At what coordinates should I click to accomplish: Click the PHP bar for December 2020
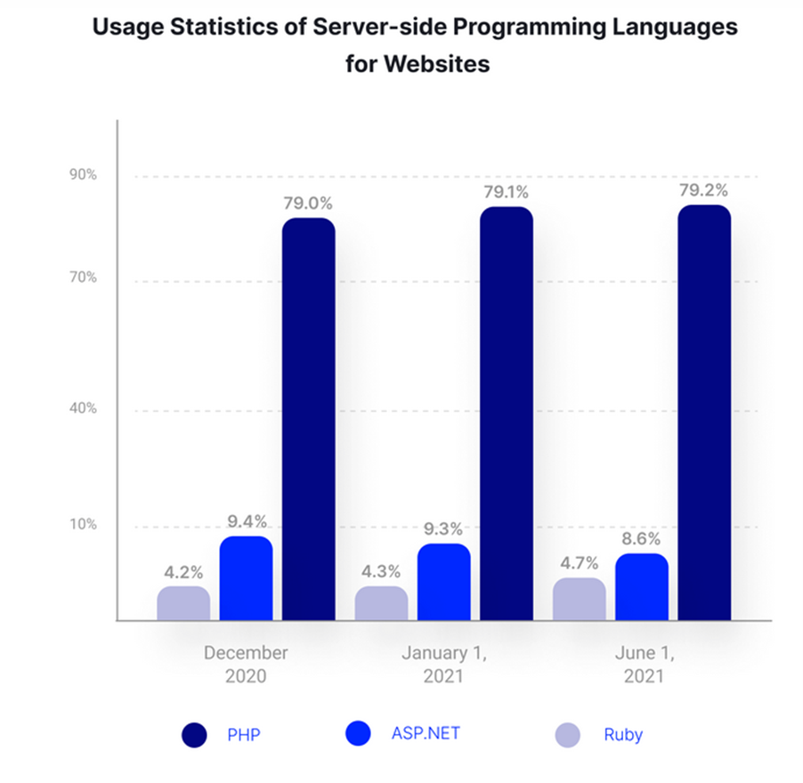(x=308, y=418)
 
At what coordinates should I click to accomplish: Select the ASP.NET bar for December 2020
(x=246, y=578)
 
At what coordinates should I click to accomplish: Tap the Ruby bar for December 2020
(x=183, y=603)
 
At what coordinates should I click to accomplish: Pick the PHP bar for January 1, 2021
(x=506, y=414)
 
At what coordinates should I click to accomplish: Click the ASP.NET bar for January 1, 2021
(x=443, y=582)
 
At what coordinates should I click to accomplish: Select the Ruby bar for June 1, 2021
(x=579, y=599)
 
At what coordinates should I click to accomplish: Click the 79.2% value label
(x=703, y=190)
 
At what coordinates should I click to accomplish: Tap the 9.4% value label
(x=246, y=521)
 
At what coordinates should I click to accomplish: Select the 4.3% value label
(x=381, y=571)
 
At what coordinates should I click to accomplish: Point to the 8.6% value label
(x=641, y=539)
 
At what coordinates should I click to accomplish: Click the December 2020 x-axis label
(x=246, y=664)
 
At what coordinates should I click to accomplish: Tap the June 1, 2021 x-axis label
(x=642, y=664)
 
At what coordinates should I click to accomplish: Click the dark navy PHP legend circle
(x=194, y=735)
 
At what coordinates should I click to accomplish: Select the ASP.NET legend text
(x=426, y=734)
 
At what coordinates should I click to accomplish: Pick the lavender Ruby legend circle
(x=567, y=735)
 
